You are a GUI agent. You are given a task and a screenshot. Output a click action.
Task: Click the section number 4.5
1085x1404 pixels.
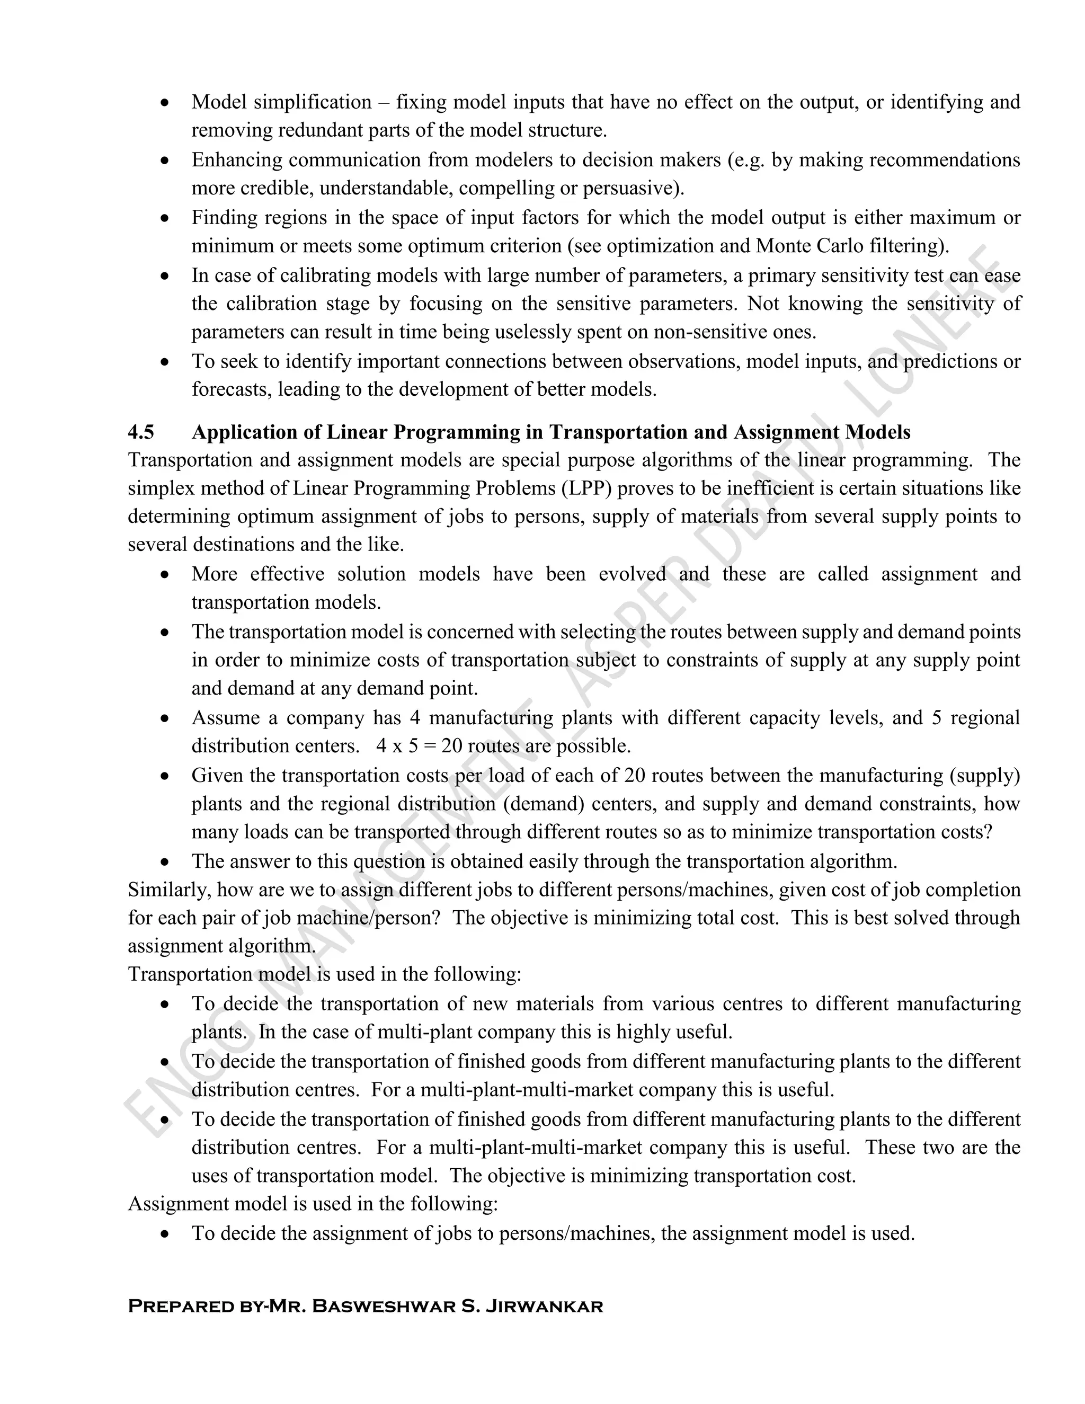point(141,432)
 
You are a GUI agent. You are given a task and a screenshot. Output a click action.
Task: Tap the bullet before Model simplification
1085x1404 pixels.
point(166,103)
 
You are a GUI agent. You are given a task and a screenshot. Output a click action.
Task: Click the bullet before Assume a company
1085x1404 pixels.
point(166,718)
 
